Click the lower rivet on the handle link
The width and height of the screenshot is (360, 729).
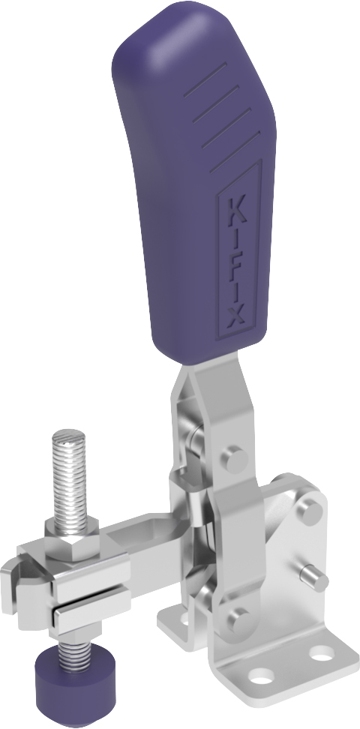click(239, 619)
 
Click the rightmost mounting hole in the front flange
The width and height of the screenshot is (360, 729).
click(322, 655)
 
